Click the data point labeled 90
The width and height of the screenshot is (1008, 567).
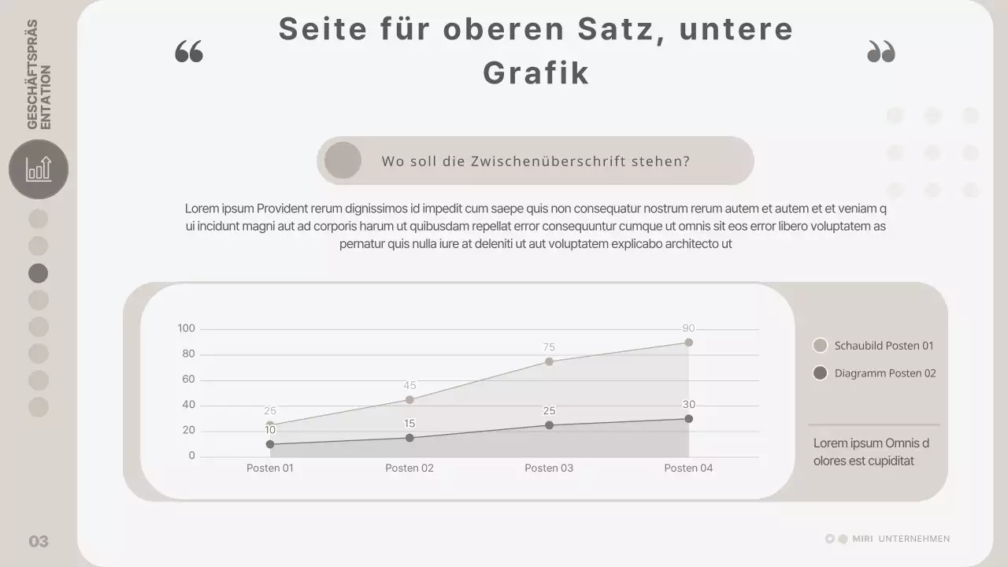click(688, 343)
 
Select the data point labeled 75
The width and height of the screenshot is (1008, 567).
click(549, 361)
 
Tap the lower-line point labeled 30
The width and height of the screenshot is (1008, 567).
click(688, 419)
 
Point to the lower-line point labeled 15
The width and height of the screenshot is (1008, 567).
click(409, 438)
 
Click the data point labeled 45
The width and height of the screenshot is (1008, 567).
click(409, 400)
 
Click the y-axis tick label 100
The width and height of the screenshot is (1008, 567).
click(187, 328)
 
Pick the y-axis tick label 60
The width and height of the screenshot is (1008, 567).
click(188, 380)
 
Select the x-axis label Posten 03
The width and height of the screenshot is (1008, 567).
click(549, 468)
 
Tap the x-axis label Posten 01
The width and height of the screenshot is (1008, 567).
click(270, 468)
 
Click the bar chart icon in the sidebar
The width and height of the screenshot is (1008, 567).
click(39, 169)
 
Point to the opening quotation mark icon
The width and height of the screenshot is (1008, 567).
click(189, 53)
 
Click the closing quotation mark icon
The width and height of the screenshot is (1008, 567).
click(881, 52)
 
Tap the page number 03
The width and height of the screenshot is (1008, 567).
click(39, 541)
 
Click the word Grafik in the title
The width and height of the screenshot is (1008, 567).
click(535, 73)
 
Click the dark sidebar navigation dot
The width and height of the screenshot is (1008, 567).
click(39, 273)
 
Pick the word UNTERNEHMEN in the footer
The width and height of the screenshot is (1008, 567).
click(913, 539)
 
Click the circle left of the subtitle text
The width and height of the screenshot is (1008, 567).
click(343, 161)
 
